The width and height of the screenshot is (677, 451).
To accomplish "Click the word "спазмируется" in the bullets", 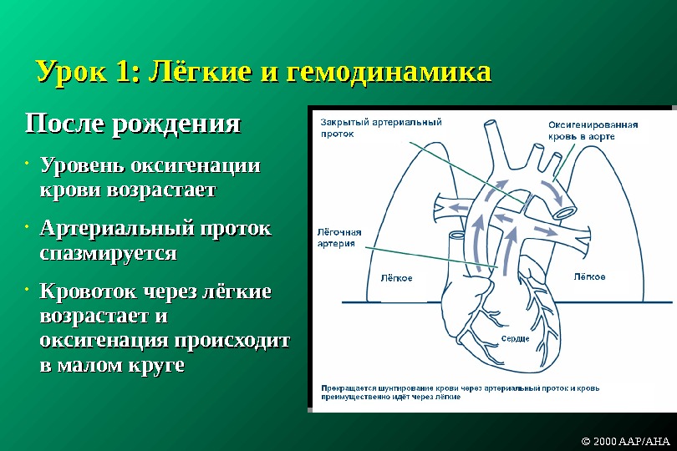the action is (108, 252).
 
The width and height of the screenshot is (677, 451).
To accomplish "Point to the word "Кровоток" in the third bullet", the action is (86, 293).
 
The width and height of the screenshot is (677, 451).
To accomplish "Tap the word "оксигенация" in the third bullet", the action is (104, 342).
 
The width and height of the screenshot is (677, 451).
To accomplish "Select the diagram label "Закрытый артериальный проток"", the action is (380, 126).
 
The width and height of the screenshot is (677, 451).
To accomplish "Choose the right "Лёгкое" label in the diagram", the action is (589, 276).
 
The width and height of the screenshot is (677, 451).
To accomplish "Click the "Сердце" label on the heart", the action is (515, 338).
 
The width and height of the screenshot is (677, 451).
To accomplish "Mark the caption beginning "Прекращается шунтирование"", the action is (486, 393).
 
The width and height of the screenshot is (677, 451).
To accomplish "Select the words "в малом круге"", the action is (112, 366).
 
